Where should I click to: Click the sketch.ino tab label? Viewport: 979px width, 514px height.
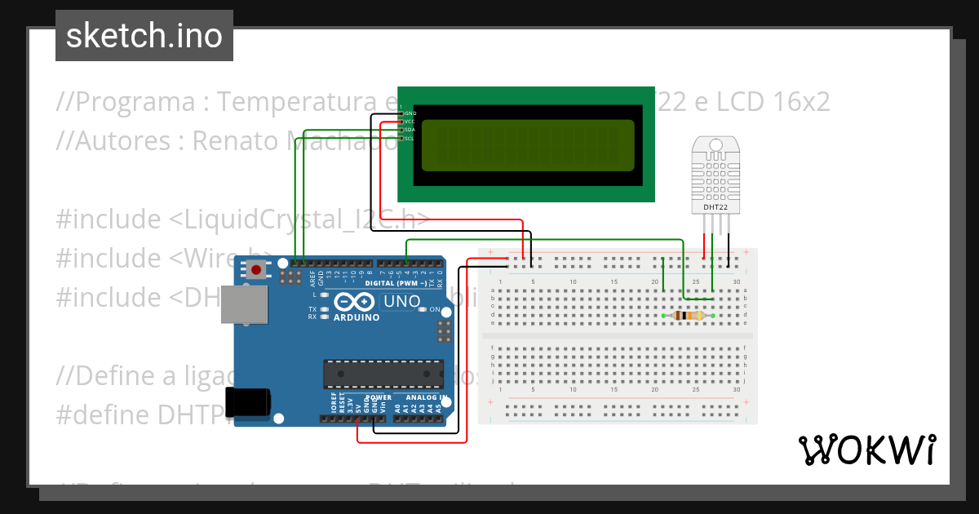(144, 36)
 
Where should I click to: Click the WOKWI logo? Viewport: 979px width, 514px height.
(866, 450)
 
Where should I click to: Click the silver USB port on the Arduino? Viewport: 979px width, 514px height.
(245, 304)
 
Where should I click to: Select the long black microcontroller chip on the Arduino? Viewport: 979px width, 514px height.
(383, 374)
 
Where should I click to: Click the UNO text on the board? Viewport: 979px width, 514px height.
(402, 302)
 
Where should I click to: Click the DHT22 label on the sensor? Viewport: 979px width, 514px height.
(715, 208)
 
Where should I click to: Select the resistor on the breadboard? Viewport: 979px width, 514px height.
(689, 316)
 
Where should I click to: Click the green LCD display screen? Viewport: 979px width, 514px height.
(528, 145)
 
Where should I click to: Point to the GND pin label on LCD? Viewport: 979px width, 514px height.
(410, 113)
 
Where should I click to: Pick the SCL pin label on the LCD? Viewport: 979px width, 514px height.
(410, 139)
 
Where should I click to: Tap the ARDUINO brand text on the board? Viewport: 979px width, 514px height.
(357, 317)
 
